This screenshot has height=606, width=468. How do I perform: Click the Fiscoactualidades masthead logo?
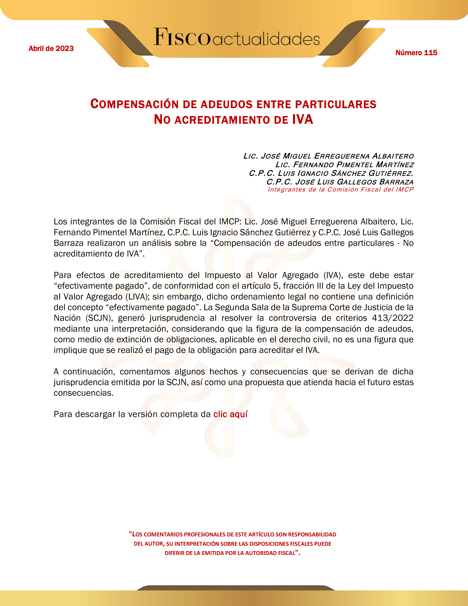[236, 37]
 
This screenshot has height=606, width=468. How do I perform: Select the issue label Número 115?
[416, 53]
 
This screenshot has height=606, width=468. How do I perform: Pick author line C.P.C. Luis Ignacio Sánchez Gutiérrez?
[331, 173]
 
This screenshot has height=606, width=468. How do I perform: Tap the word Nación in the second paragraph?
[67, 318]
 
